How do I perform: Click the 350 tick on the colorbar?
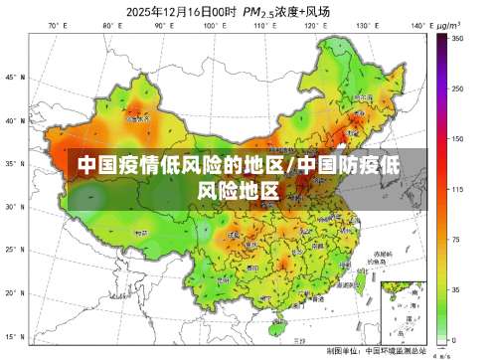click(457, 38)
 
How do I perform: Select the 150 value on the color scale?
click(457, 139)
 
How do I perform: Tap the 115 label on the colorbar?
click(457, 189)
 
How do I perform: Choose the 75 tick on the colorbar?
click(456, 240)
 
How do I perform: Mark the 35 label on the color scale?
click(456, 290)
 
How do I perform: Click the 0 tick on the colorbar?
click(454, 340)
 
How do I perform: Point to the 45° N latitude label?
click(14, 77)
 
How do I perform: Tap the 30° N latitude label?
click(14, 208)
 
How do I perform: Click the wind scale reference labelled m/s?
click(445, 353)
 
